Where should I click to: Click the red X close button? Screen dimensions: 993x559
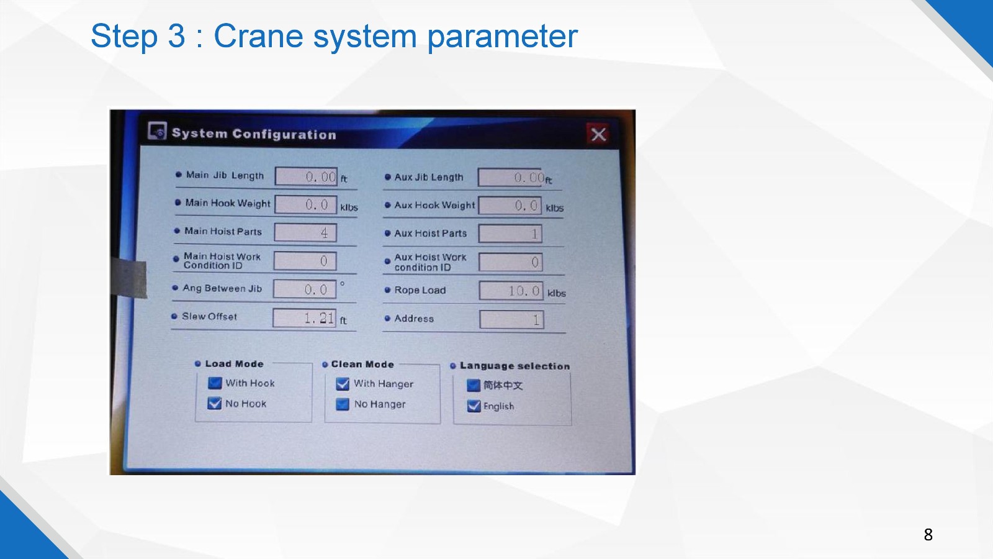pyautogui.click(x=598, y=134)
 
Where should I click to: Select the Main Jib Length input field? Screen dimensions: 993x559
pyautogui.click(x=306, y=176)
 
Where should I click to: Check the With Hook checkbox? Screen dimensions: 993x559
pyautogui.click(x=215, y=383)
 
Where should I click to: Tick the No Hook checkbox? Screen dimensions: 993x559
pyautogui.click(x=215, y=403)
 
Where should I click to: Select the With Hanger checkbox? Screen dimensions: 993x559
pyautogui.click(x=343, y=384)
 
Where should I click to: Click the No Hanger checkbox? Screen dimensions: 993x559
pyautogui.click(x=343, y=404)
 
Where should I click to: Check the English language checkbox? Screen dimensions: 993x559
pyautogui.click(x=474, y=406)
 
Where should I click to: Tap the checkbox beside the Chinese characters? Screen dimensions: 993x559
pyautogui.click(x=474, y=386)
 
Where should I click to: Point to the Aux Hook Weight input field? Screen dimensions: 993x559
pyautogui.click(x=510, y=206)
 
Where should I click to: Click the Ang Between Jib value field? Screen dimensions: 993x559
pyautogui.click(x=305, y=289)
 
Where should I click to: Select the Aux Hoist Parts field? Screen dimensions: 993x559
pyautogui.click(x=510, y=234)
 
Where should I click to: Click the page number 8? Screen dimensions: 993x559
pyautogui.click(x=928, y=534)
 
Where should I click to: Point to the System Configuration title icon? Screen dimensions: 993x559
pyautogui.click(x=157, y=131)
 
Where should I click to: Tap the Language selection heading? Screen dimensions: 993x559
pyautogui.click(x=514, y=366)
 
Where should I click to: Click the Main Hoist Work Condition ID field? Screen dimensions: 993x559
pyautogui.click(x=305, y=261)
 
